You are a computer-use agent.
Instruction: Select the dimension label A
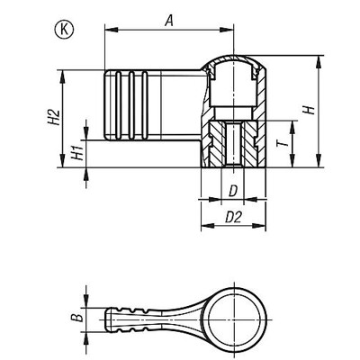click(x=169, y=21)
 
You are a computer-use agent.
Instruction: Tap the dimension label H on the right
click(x=310, y=111)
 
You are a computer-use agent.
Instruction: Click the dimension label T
click(x=282, y=142)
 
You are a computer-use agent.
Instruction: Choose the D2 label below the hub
click(x=232, y=217)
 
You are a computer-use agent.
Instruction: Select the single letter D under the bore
click(x=232, y=191)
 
